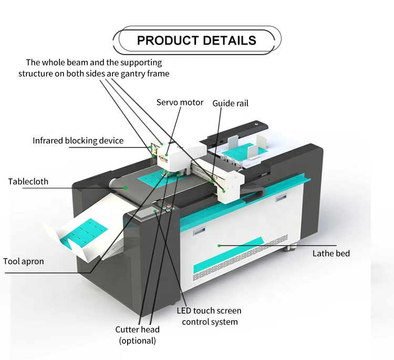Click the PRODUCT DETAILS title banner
[x=196, y=40]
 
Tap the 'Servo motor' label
[x=180, y=102]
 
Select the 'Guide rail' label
[x=230, y=103]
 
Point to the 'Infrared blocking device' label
[x=78, y=141]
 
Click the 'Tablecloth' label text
[x=28, y=182]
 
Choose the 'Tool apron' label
[x=24, y=261]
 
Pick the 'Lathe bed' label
[x=331, y=253]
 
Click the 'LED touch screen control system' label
[x=210, y=316]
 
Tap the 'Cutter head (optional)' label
[x=137, y=335]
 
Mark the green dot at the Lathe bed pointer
[x=219, y=245]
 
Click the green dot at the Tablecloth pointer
[x=126, y=187]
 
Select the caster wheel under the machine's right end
[x=288, y=247]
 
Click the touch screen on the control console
[x=143, y=213]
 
